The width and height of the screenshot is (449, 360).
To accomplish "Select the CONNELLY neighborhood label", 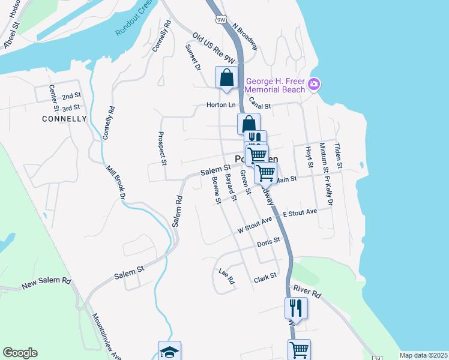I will point(65,119).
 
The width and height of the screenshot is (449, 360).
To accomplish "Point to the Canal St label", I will point(260,103).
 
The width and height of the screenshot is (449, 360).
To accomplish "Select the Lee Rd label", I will point(226,276).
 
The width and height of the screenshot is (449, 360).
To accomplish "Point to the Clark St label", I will point(265,278).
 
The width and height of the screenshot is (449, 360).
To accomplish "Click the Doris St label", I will point(269,242).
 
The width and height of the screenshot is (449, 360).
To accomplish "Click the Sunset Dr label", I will point(193,58).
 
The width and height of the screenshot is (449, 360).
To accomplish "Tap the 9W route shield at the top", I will point(222,20).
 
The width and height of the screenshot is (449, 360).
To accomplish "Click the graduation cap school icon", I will point(169,352).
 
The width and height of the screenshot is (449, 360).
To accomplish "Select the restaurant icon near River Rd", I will point(296,308).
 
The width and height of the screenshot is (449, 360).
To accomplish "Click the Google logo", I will point(20,353).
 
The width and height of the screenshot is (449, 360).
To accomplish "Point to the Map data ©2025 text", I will point(423,355).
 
